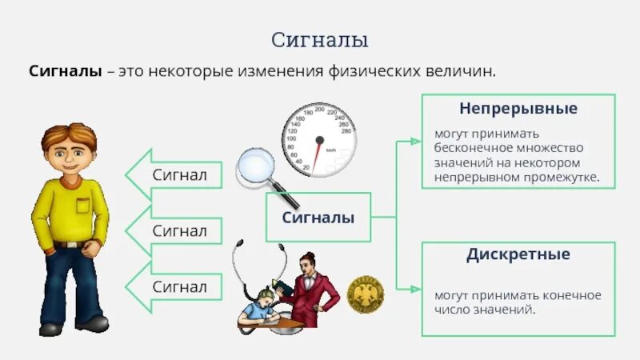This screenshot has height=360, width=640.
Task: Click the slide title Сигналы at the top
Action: pos(319,39)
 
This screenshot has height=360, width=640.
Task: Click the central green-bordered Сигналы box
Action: pos(318,218)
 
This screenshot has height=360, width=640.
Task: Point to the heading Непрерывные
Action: pos(518,107)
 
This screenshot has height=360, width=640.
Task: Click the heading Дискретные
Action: pos(518,255)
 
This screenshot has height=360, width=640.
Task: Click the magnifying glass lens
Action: pos(254,166)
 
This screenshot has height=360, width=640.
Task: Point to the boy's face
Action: pos(70,153)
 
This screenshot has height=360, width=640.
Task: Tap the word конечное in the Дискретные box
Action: pos(571,295)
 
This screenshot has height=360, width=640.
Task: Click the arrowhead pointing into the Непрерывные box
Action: pos(415,141)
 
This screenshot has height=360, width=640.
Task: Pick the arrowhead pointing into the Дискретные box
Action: pos(415,288)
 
